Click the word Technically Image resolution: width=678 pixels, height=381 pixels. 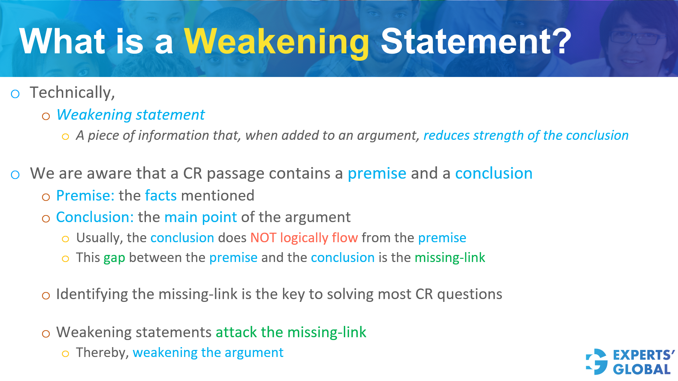(x=72, y=93)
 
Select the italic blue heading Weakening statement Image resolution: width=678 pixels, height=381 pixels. (x=130, y=115)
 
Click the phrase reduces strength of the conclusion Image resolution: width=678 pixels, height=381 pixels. (x=526, y=136)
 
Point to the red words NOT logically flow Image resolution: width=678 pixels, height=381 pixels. (x=304, y=238)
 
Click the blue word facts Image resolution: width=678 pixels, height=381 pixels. (x=161, y=196)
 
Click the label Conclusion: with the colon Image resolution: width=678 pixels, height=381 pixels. (x=95, y=217)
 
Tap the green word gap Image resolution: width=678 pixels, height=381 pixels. (x=114, y=258)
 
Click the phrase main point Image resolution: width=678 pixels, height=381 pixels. (x=200, y=217)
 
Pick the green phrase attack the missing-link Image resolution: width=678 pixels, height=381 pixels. (x=291, y=332)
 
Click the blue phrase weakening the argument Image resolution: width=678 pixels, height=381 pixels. (x=208, y=353)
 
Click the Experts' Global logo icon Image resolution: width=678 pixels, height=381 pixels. (x=597, y=362)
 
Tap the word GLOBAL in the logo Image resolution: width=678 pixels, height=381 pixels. (x=641, y=369)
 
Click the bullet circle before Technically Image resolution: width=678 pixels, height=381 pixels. (x=15, y=94)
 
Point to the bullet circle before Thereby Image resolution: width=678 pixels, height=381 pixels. (x=65, y=354)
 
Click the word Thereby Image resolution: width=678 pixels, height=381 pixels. (x=102, y=353)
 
